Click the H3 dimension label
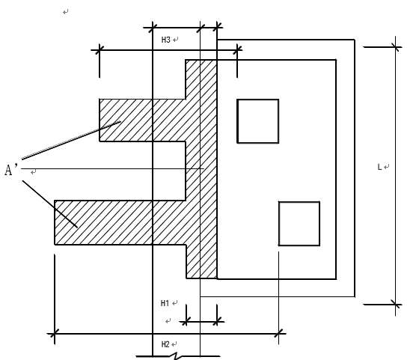(x=165, y=40)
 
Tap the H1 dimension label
(x=165, y=303)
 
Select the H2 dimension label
(x=165, y=344)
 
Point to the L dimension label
(x=379, y=167)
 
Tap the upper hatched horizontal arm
(x=142, y=120)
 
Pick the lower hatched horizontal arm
(x=120, y=222)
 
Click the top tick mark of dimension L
(x=396, y=47)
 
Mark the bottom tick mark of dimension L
(x=396, y=305)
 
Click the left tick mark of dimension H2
(x=55, y=334)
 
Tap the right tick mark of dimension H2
(x=278, y=334)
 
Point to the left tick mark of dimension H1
(x=186, y=322)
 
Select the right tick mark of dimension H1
(x=217, y=322)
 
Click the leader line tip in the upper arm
(x=120, y=121)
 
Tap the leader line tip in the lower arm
(x=77, y=228)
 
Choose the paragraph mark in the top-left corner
(x=66, y=12)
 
